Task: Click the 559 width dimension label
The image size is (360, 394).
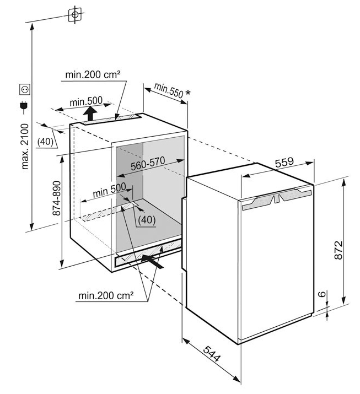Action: coord(284,163)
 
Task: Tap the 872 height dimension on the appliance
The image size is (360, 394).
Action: coord(338,250)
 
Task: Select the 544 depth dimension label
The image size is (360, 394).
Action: coord(212,354)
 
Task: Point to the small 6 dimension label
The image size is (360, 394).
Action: coord(323,294)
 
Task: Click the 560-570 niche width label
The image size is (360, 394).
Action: coord(148,163)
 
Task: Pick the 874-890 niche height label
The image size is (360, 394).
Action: coord(57,198)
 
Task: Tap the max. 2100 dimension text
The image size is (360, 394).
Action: coord(25,146)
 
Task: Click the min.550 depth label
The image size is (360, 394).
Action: coord(169,90)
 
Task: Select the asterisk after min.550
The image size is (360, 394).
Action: coord(187,93)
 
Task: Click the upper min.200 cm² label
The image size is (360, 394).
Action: coord(93,74)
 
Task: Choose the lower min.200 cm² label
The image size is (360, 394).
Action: coord(106,295)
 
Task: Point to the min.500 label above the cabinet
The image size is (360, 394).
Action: coord(86,101)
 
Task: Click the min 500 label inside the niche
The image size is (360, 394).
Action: coord(109,190)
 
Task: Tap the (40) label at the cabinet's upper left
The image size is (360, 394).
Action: coord(45,142)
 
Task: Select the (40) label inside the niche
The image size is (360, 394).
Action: coord(147,220)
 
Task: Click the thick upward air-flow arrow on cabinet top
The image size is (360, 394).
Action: coord(90,114)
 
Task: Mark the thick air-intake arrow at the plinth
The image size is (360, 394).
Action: coord(152,262)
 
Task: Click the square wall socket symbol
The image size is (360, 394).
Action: coord(25,89)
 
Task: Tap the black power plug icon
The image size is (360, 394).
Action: coord(24,107)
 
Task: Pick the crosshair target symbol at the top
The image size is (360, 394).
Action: coord(75,14)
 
